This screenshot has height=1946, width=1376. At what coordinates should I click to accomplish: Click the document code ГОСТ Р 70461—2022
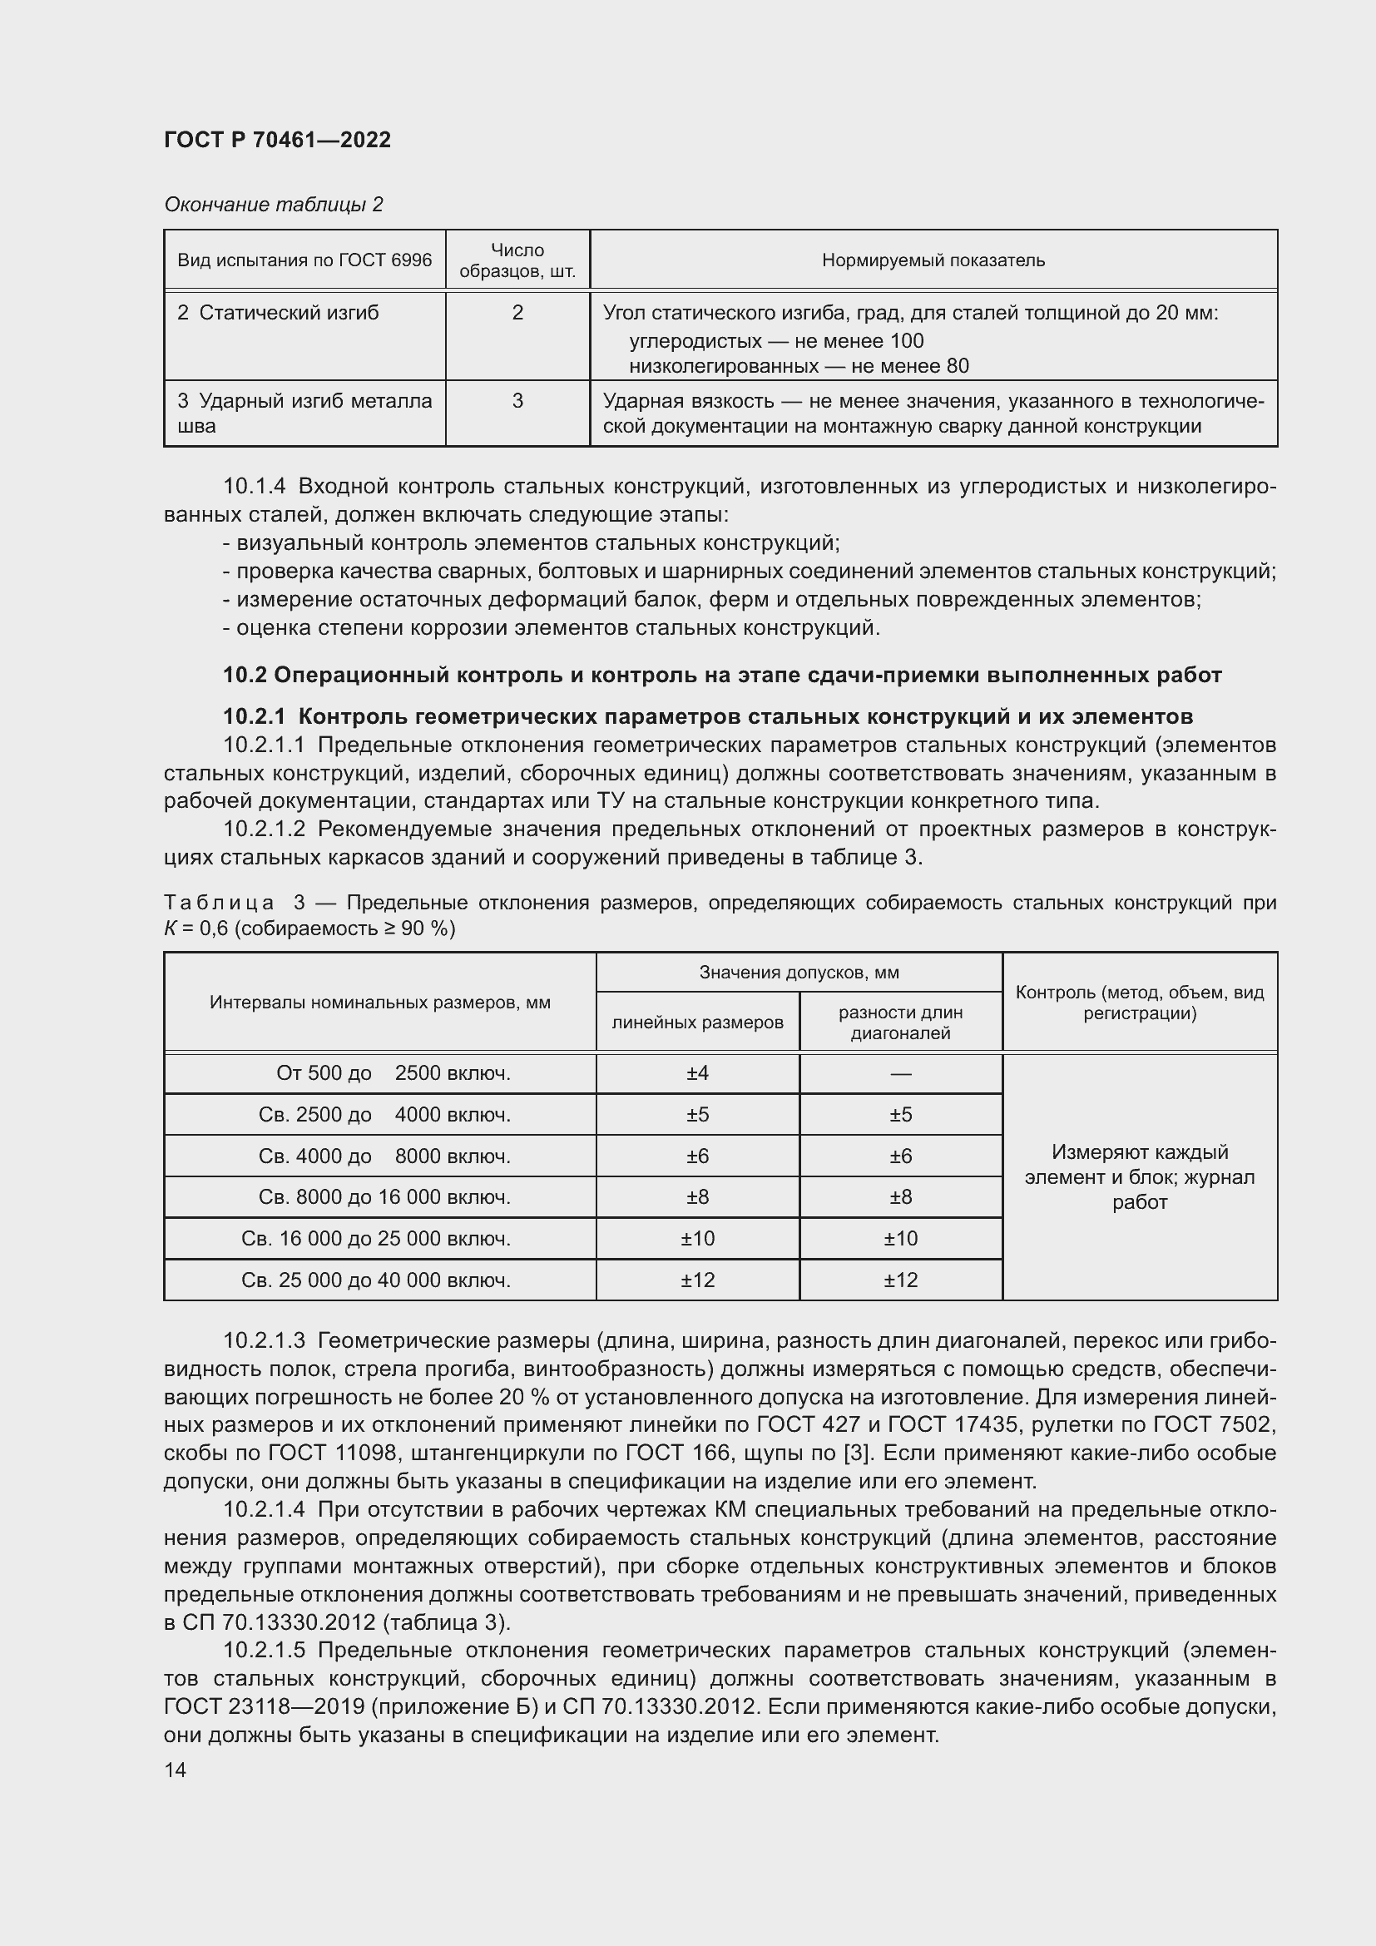pos(277,140)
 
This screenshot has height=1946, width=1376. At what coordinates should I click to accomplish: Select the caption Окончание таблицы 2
pos(273,205)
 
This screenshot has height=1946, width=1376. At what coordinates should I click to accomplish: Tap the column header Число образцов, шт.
pos(517,260)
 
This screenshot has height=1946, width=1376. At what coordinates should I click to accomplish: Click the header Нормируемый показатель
pos(933,260)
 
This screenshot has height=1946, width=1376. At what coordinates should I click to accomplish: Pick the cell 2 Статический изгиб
pos(278,313)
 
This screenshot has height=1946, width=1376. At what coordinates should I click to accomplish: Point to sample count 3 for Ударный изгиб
pos(517,401)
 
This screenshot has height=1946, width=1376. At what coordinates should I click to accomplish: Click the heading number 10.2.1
pos(256,717)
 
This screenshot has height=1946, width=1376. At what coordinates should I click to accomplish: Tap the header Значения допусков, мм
pos(798,972)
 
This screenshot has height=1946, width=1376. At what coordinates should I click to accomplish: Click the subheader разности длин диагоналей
pos(900,1023)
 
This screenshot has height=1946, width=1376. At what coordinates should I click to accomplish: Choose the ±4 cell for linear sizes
pos(697,1074)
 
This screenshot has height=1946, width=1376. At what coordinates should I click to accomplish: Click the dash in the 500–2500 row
pos(900,1074)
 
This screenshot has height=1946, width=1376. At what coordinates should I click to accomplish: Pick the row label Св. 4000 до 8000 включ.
pos(384,1157)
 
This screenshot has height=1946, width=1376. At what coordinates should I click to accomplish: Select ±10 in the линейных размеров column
pos(697,1239)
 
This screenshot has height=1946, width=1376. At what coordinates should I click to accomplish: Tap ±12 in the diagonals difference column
pos(900,1280)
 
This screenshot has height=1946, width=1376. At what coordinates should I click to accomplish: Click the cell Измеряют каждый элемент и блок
pos(1139,1177)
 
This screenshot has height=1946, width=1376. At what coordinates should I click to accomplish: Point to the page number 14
pos(176,1770)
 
